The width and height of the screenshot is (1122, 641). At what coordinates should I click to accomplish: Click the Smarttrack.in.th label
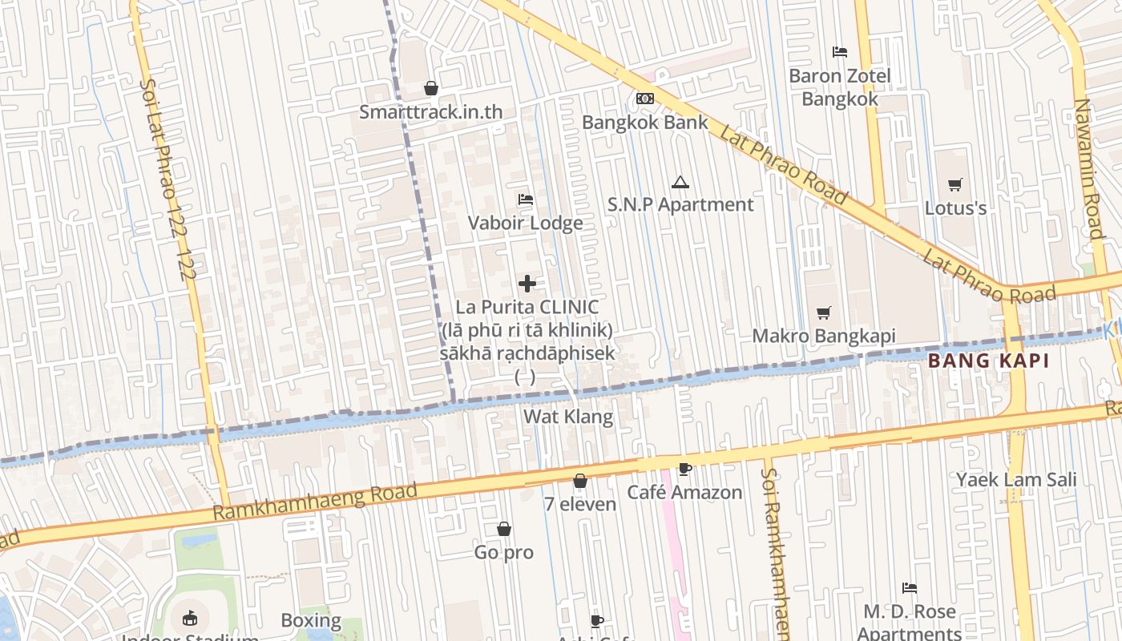(430, 112)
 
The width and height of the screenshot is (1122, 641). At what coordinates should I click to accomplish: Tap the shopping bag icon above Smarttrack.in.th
(431, 88)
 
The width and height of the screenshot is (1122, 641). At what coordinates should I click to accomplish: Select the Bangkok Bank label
(645, 123)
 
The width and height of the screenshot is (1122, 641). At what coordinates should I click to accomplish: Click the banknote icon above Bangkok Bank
(644, 99)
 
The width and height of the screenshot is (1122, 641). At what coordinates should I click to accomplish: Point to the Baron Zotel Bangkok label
(840, 87)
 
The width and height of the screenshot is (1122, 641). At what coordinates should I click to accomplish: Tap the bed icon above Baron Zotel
(840, 52)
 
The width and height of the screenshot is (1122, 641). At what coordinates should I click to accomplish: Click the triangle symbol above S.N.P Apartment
(680, 183)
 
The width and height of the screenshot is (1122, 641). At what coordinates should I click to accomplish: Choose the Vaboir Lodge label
(526, 223)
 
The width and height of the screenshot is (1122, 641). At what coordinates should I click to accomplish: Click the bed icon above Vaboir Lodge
(526, 199)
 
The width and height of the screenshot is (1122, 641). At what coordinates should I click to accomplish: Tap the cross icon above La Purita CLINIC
(527, 283)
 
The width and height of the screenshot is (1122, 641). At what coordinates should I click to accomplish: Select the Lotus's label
(955, 208)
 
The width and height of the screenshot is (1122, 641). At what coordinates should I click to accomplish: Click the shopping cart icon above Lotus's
(955, 185)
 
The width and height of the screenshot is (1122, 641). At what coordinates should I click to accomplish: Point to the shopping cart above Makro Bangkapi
(824, 312)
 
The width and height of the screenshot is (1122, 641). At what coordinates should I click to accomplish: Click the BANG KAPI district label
(988, 361)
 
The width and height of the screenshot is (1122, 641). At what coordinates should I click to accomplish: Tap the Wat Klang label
(568, 417)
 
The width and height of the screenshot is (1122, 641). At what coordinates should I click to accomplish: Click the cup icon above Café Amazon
(684, 469)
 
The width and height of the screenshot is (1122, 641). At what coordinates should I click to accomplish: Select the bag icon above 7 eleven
(580, 481)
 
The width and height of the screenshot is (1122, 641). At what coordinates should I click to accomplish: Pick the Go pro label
(504, 553)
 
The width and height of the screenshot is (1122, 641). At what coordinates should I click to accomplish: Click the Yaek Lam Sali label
(1016, 480)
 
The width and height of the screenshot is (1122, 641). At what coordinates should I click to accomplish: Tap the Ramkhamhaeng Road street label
(315, 502)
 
